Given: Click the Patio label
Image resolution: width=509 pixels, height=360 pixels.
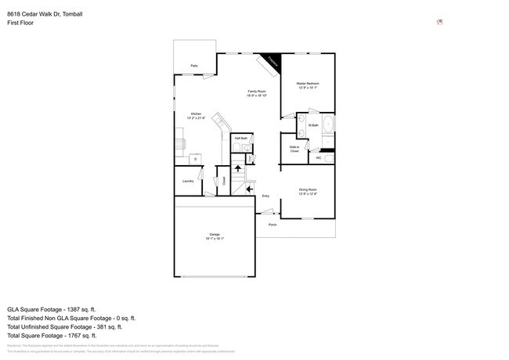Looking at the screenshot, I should point(193,66).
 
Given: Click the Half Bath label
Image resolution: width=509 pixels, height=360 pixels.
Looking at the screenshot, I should point(241,138).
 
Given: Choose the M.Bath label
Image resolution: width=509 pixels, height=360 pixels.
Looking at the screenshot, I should point(312,125).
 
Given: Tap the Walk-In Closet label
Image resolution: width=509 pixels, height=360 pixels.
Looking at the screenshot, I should point(294,149).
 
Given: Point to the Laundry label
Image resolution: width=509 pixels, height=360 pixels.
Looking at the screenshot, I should point(188,181).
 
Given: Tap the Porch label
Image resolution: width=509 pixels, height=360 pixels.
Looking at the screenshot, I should point(273,225).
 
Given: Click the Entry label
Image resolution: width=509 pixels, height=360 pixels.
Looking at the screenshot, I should point(265,196).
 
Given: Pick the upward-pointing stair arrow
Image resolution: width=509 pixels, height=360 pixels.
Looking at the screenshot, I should point(238,169).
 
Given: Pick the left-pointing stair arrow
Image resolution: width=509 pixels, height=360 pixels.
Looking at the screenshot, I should point(250,189).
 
